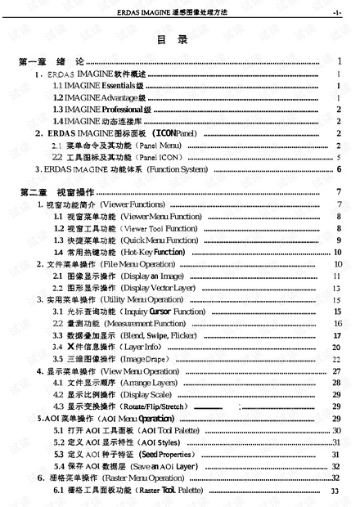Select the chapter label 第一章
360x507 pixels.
pyautogui.click(x=30, y=62)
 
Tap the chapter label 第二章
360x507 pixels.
pyautogui.click(x=30, y=191)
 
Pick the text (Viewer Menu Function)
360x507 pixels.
pyautogui.click(x=160, y=216)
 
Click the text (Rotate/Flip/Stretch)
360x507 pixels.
pyautogui.click(x=155, y=406)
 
